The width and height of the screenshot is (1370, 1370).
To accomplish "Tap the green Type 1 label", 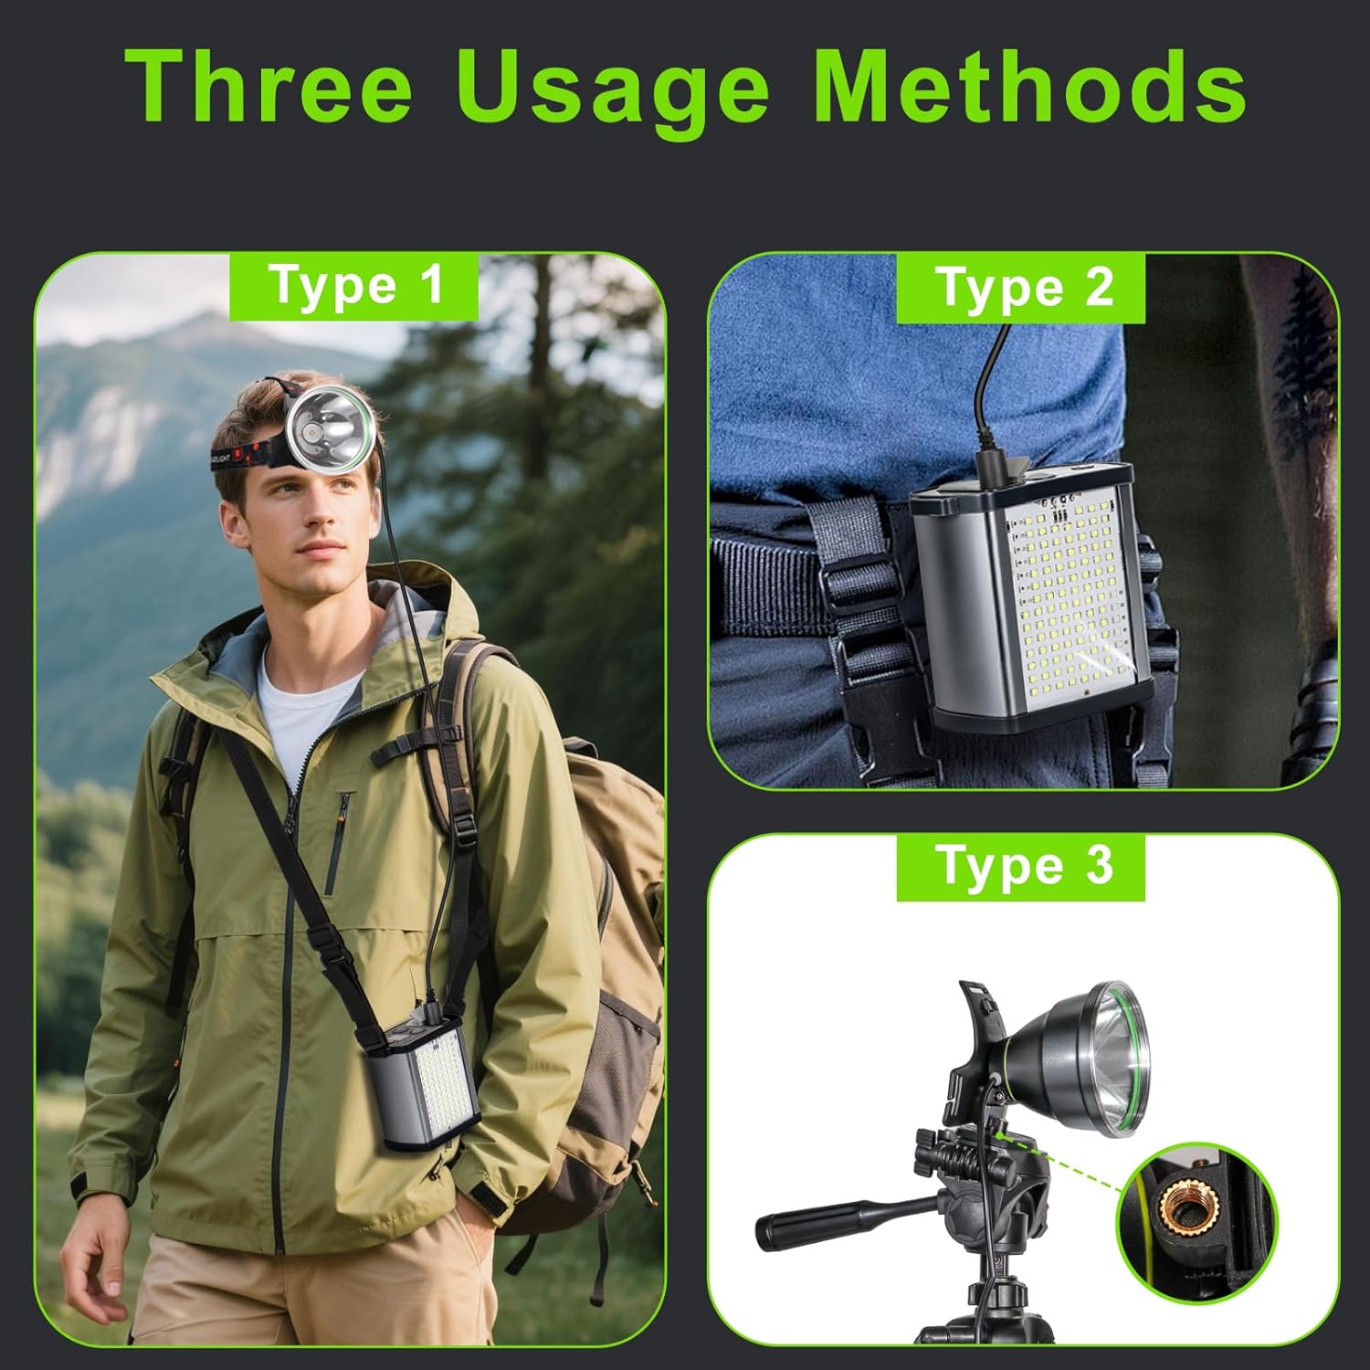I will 354,286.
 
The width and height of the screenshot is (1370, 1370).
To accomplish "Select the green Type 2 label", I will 1021,288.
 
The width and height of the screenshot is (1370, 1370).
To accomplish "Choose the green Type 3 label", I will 1021,867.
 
